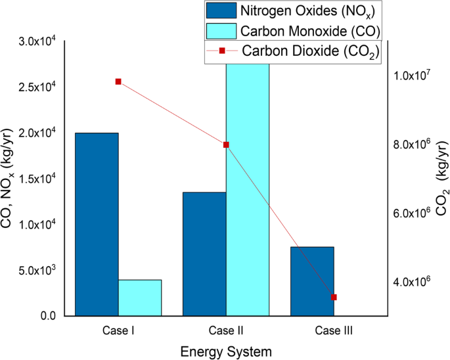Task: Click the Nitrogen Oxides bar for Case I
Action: pos(97,224)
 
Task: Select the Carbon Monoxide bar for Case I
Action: pos(140,298)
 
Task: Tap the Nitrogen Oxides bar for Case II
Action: pos(204,254)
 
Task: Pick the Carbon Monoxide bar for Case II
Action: pos(248,191)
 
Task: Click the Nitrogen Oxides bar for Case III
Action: pos(312,281)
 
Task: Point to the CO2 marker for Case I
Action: pos(118,81)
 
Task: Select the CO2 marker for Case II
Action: pos(226,145)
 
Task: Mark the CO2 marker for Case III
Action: pos(334,297)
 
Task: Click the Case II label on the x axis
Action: pos(226,331)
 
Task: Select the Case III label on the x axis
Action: pos(334,331)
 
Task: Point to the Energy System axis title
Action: pos(226,351)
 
